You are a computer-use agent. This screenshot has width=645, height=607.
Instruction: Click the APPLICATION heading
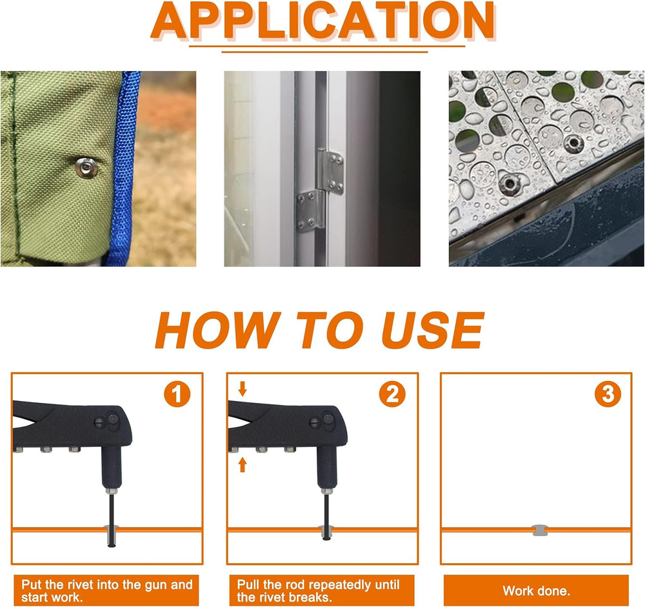322,21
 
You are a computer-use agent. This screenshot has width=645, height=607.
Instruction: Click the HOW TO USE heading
319,330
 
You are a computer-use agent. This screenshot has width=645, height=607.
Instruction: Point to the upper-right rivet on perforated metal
571,143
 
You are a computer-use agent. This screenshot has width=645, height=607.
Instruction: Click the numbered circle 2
392,394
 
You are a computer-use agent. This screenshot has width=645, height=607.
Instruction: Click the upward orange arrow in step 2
242,463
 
